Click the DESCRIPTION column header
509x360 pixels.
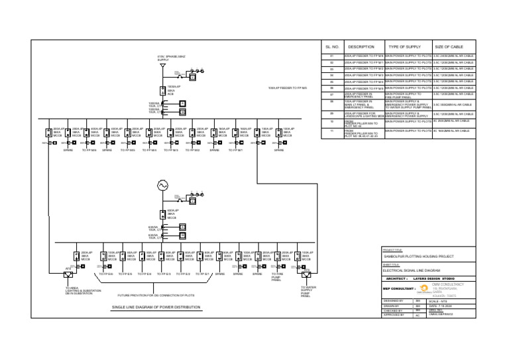click(361, 48)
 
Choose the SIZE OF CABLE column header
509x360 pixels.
click(452, 48)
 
